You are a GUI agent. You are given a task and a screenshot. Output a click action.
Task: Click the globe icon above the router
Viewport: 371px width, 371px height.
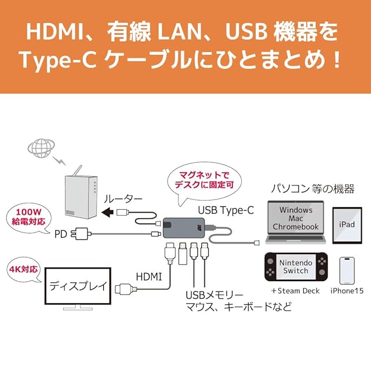[41, 148]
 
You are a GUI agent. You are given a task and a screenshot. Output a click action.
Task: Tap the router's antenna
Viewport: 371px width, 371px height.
[78, 171]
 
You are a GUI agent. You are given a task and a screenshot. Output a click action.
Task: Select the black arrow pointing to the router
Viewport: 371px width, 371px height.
[107, 212]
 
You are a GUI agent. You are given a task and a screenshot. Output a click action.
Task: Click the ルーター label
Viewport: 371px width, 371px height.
[123, 199]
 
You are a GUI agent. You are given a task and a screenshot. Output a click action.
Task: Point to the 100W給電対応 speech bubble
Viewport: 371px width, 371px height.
[29, 217]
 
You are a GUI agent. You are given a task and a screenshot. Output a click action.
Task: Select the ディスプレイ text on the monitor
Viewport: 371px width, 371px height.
[78, 286]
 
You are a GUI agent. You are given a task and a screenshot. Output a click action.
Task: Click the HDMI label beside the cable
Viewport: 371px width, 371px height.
[149, 277]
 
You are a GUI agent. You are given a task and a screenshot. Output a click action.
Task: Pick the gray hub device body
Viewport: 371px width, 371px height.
[184, 228]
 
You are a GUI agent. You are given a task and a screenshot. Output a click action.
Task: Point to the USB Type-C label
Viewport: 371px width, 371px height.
[225, 210]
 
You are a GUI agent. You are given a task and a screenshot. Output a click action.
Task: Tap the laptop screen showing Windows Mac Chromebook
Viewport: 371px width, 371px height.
[296, 218]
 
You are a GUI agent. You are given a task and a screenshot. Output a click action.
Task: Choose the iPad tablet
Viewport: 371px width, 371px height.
[347, 225]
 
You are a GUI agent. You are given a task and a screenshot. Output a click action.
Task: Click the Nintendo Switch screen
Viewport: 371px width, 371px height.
[296, 267]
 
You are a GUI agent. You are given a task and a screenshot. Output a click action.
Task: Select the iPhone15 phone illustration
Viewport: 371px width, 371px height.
[347, 271]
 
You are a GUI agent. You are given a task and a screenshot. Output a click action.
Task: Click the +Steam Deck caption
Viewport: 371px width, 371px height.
[296, 290]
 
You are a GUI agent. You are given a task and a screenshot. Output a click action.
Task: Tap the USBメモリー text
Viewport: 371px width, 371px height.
[214, 295]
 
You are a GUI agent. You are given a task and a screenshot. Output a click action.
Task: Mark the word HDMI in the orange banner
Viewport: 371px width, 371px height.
[55, 32]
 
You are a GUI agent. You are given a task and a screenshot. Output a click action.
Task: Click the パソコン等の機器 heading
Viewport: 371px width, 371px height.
[312, 189]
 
